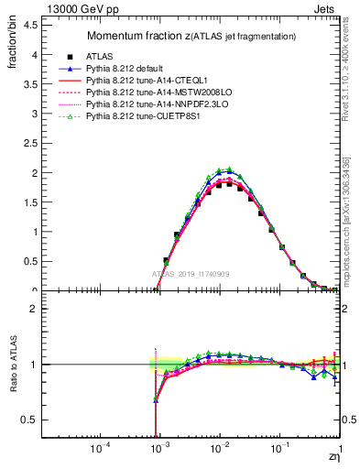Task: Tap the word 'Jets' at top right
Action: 326,8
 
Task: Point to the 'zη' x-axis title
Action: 334,458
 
